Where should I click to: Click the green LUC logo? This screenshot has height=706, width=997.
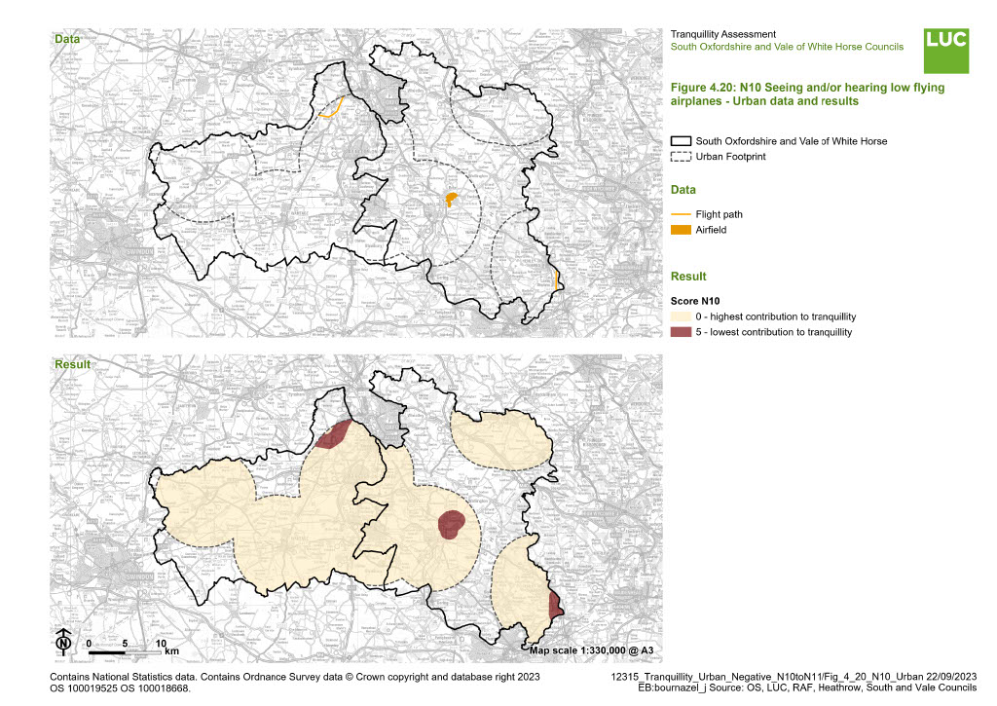[945, 50]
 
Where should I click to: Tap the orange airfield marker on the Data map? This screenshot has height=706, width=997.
[451, 200]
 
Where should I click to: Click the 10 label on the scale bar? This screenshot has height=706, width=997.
[162, 644]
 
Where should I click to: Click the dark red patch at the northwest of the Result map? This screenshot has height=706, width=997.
[333, 436]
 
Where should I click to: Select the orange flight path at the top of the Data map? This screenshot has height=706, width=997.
[331, 109]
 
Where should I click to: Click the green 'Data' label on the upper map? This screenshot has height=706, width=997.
[67, 39]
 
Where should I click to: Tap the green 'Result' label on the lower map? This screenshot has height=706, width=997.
[72, 364]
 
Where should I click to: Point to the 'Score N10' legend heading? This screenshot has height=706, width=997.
[700, 301]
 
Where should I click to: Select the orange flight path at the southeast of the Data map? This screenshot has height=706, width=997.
[554, 279]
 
